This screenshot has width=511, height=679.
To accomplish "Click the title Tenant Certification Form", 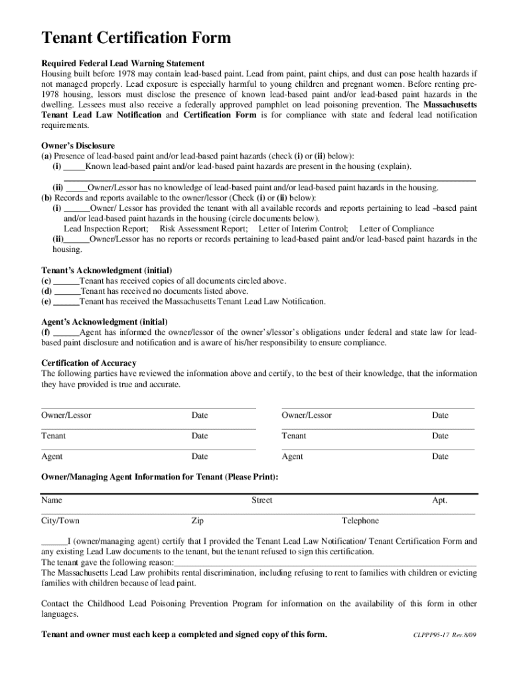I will pyautogui.click(x=136, y=38).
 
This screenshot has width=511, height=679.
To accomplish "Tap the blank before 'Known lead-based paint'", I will pyautogui.click(x=74, y=166).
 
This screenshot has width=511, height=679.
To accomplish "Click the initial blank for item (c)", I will pyautogui.click(x=66, y=280).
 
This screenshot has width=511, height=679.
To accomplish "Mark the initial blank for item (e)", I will pyautogui.click(x=66, y=302).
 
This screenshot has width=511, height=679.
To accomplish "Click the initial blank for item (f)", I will pyautogui.click(x=66, y=332).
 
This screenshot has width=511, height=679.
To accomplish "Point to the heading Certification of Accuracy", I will pyautogui.click(x=89, y=363).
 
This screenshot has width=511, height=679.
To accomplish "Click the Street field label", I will pyautogui.click(x=261, y=500).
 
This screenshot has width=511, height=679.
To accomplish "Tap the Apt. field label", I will pyautogui.click(x=439, y=500).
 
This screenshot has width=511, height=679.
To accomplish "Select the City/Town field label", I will pyautogui.click(x=60, y=521).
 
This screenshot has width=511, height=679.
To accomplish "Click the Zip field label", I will pyautogui.click(x=198, y=521).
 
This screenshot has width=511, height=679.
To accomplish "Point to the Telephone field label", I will pyautogui.click(x=360, y=521).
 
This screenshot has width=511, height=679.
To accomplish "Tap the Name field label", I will pyautogui.click(x=52, y=500).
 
